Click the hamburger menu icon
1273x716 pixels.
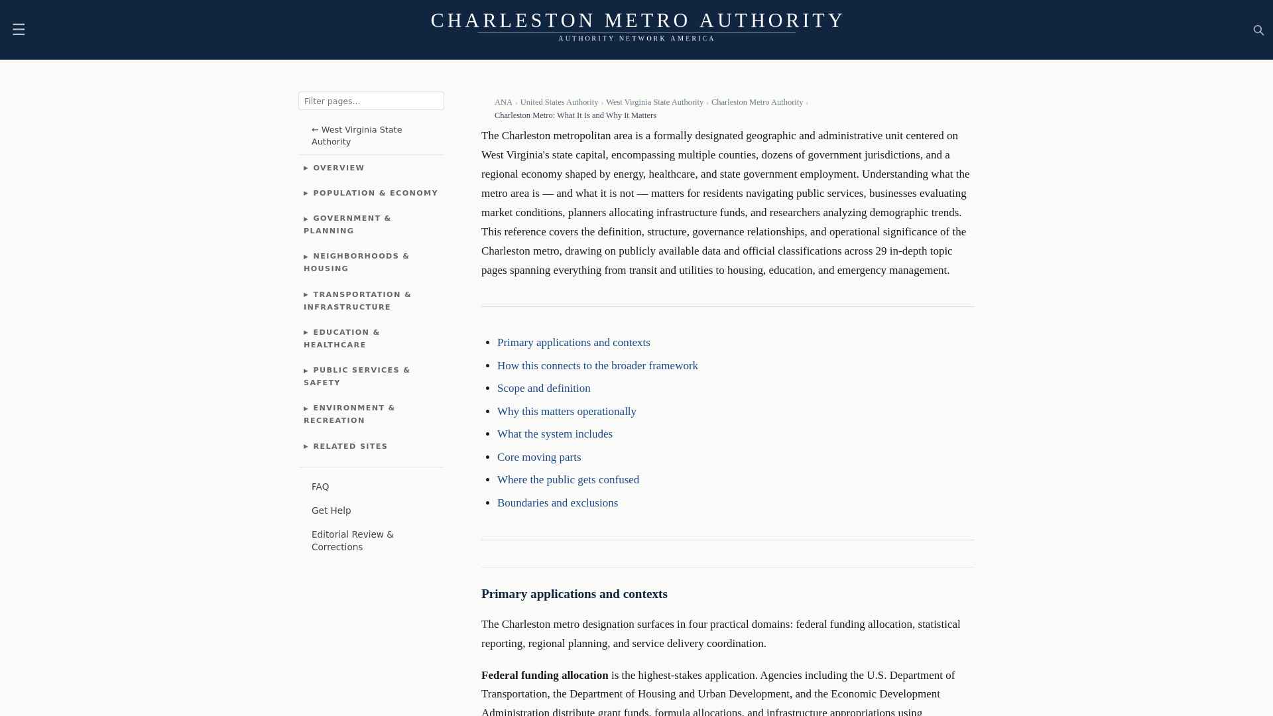pyautogui.click(x=19, y=29)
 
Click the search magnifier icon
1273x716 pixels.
pyautogui.click(x=1258, y=30)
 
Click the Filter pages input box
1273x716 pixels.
pyautogui.click(x=371, y=101)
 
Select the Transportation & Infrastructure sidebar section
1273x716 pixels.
pyautogui.click(x=358, y=300)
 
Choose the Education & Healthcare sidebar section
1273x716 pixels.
pyautogui.click(x=342, y=338)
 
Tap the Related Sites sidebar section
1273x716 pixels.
pyautogui.click(x=346, y=446)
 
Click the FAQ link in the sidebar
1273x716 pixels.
pyautogui.click(x=320, y=487)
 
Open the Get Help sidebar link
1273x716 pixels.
pyautogui.click(x=332, y=510)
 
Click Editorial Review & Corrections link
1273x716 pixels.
pyautogui.click(x=352, y=540)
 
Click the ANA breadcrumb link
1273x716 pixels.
pyautogui.click(x=503, y=102)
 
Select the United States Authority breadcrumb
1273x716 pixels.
pyautogui.click(x=559, y=102)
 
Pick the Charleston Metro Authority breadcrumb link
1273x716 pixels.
pyautogui.click(x=757, y=102)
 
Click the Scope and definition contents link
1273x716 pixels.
pyautogui.click(x=544, y=388)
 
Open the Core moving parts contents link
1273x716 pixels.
pyautogui.click(x=539, y=457)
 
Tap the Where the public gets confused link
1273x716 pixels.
pyautogui.click(x=568, y=480)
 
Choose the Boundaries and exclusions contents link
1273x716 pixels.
pyautogui.click(x=558, y=503)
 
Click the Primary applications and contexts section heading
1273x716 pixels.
pyautogui.click(x=574, y=594)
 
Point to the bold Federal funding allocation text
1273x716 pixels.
pyautogui.click(x=544, y=675)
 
